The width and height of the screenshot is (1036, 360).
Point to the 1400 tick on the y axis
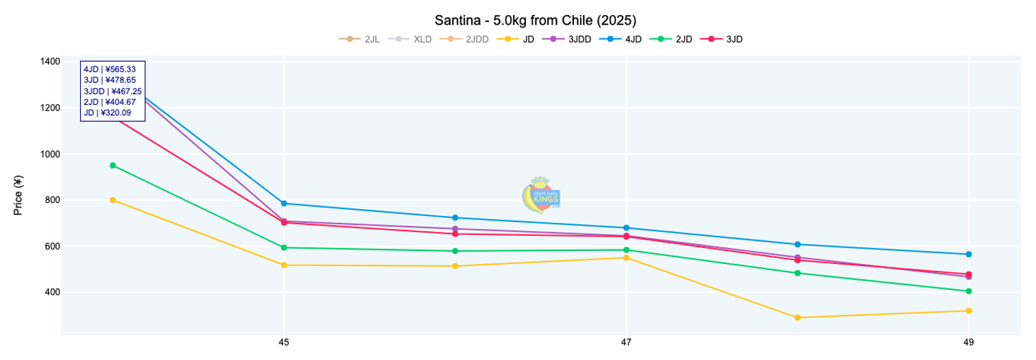pyautogui.click(x=50, y=62)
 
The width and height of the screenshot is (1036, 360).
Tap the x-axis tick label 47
pyautogui.click(x=626, y=341)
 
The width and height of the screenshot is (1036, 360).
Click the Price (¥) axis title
pyautogui.click(x=19, y=195)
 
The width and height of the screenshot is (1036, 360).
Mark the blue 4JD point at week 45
pyautogui.click(x=284, y=204)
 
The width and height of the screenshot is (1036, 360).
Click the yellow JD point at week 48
pyautogui.click(x=797, y=317)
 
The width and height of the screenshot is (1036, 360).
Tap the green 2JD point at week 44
pyautogui.click(x=113, y=165)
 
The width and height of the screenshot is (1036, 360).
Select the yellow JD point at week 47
pyautogui.click(x=626, y=258)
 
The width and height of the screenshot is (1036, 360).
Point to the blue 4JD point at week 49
pyautogui.click(x=968, y=254)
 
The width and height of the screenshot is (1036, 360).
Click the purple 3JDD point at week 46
pyautogui.click(x=455, y=229)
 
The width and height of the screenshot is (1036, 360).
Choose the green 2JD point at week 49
pyautogui.click(x=968, y=291)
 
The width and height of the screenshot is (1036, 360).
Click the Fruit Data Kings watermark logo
pyautogui.click(x=542, y=195)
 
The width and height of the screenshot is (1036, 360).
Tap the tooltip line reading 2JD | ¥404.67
pyautogui.click(x=110, y=102)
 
